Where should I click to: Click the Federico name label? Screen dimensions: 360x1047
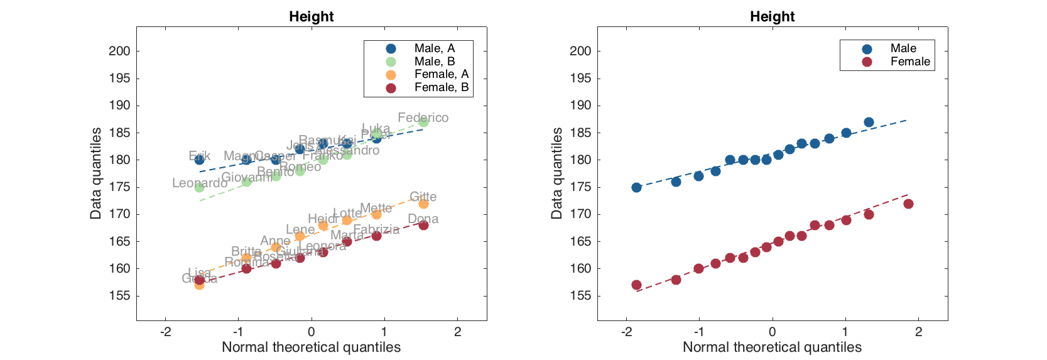[x=423, y=117]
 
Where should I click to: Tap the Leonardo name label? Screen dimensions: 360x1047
[x=200, y=183]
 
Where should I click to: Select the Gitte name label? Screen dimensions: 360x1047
[x=423, y=197]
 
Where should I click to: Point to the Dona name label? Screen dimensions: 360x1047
[x=423, y=219]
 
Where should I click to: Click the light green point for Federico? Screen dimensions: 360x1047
[x=423, y=122]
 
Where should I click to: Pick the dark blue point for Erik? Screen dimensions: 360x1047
[x=199, y=160]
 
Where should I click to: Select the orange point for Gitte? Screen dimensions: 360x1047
[x=423, y=204]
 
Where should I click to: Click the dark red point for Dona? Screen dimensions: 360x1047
[x=423, y=225]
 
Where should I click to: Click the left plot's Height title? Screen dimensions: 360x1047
[x=311, y=17]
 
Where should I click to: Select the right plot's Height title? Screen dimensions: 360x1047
[x=772, y=17]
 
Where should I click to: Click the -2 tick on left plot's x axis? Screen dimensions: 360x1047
[x=165, y=332]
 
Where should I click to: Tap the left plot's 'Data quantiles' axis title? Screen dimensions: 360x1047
[x=95, y=173]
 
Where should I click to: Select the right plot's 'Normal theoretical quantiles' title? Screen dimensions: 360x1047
[x=772, y=347]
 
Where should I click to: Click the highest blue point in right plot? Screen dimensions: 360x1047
[x=869, y=122]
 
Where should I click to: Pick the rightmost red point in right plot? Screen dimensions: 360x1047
[x=908, y=204]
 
